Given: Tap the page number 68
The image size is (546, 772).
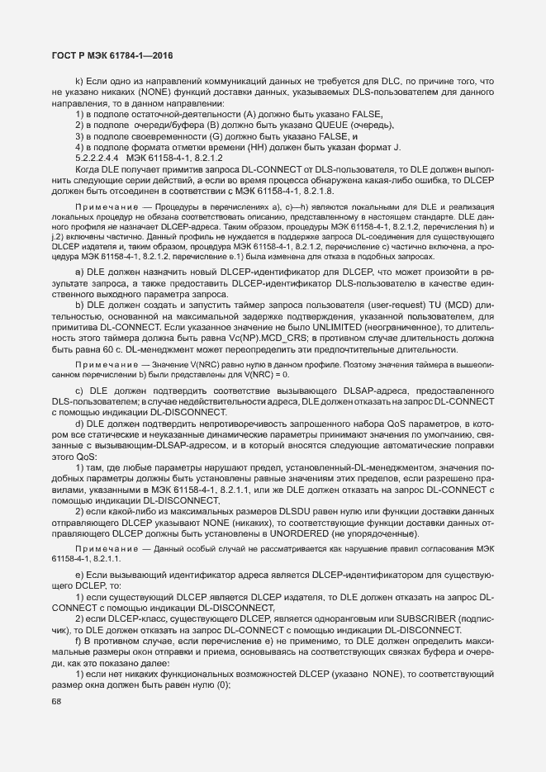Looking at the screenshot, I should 56,701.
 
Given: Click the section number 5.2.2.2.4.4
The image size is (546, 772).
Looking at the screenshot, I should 97,157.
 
